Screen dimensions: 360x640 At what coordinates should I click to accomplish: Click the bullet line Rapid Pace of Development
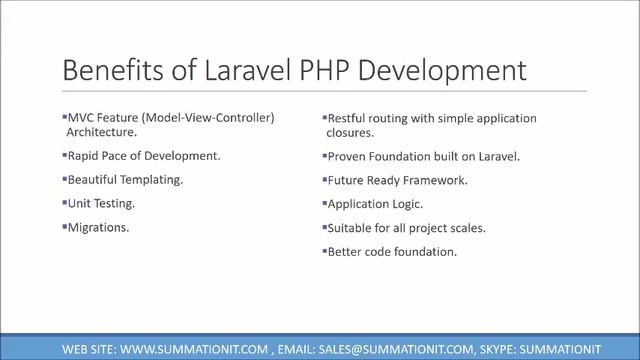pos(143,156)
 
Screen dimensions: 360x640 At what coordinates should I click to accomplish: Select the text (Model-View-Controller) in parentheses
pos(209,118)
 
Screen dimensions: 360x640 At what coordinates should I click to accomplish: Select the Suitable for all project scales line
pos(406,228)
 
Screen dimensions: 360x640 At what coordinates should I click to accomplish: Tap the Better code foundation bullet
pos(392,252)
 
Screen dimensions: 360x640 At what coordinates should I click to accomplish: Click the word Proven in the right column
pos(347,156)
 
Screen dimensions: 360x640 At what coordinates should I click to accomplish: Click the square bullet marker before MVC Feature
pos(63,117)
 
